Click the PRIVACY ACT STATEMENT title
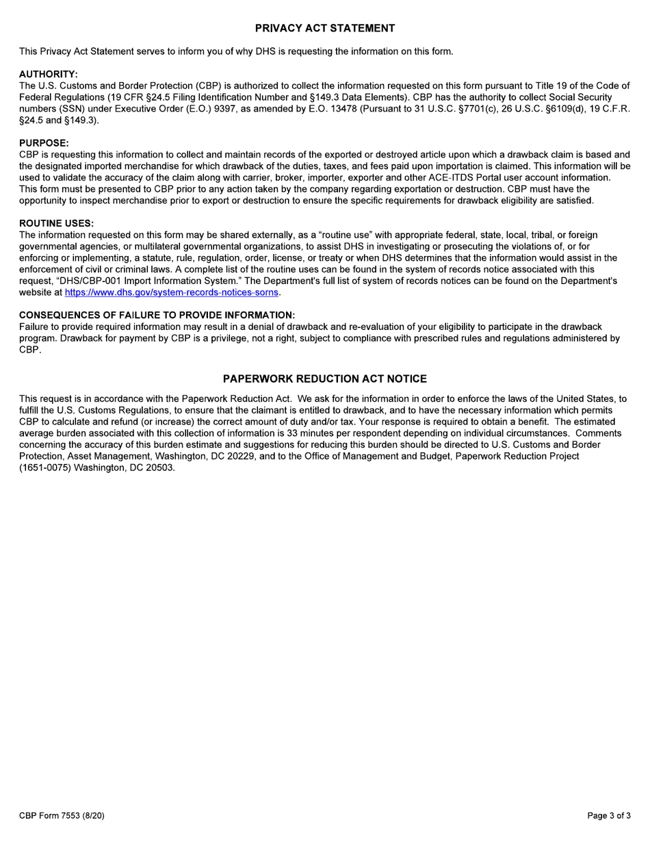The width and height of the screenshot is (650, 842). point(325,28)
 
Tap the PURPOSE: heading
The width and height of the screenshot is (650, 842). point(44,143)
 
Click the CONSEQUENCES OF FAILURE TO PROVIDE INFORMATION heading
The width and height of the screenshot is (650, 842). point(157,314)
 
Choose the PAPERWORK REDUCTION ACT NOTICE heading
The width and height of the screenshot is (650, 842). point(325,379)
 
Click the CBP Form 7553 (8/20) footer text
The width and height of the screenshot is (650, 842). point(62,815)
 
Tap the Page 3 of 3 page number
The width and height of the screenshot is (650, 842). point(609,815)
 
